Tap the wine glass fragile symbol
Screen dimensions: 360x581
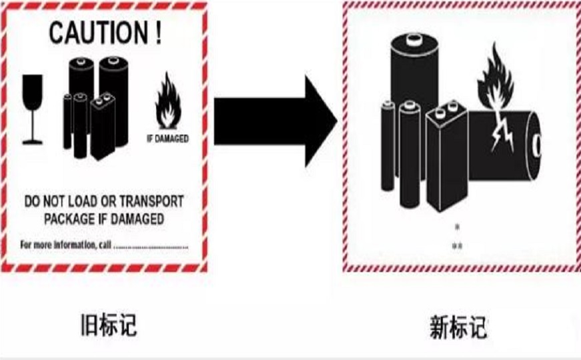[32, 108]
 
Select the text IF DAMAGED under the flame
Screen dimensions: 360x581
[167, 139]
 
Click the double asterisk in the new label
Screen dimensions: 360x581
[457, 247]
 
